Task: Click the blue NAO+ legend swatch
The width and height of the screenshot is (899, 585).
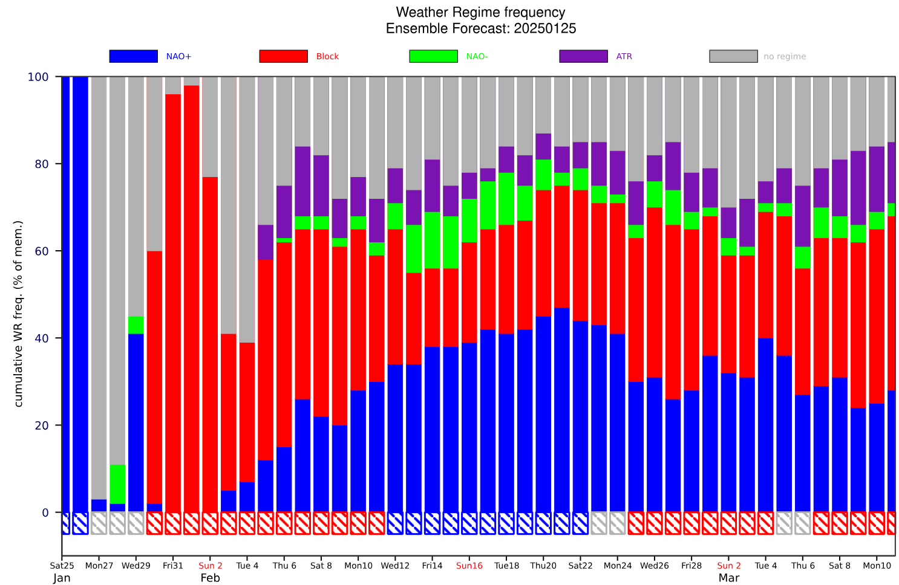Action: [133, 56]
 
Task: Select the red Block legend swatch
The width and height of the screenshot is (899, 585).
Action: [283, 56]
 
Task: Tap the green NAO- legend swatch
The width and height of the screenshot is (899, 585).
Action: [433, 56]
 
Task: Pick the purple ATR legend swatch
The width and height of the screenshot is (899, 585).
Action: [583, 56]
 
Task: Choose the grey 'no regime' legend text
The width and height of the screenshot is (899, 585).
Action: [785, 57]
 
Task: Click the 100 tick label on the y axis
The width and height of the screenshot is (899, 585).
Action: [38, 77]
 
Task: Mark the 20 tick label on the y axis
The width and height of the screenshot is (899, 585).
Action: [42, 425]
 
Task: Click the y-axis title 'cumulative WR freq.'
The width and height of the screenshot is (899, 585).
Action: [19, 314]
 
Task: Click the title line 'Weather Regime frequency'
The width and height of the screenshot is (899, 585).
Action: [480, 12]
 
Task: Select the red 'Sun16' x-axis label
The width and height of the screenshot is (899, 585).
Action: [469, 566]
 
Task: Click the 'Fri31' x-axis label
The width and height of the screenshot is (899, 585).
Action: [173, 566]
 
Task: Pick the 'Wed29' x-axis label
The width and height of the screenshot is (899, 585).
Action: [136, 566]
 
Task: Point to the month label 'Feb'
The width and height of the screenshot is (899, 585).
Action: [210, 578]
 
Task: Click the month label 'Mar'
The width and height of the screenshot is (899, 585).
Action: [728, 578]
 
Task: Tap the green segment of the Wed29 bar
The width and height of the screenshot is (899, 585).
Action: [136, 325]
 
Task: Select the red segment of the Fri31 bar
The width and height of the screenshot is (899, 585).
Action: [173, 302]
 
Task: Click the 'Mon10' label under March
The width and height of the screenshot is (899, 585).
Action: [877, 566]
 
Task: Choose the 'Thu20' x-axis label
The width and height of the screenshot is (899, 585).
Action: [543, 566]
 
